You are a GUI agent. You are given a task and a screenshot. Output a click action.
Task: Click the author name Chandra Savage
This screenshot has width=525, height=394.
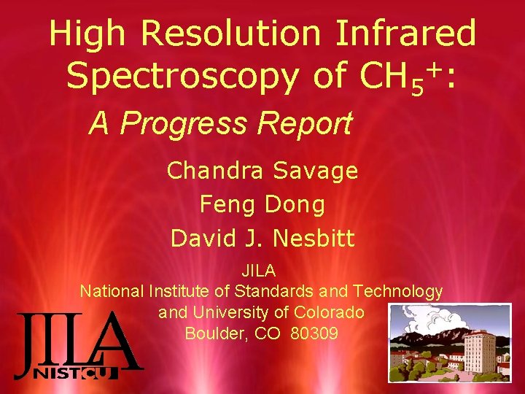click(x=262, y=171)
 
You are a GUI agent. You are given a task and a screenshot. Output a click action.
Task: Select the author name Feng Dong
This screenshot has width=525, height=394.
click(x=262, y=204)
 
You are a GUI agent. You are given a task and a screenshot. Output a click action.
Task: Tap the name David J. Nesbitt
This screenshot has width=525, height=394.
click(x=262, y=238)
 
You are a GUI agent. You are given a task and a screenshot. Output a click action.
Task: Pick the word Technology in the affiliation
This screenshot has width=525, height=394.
click(x=397, y=291)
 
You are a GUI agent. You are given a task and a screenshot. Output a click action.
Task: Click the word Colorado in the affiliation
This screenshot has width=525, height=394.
click(x=328, y=312)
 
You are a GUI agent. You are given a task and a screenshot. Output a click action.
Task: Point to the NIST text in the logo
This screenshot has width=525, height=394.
click(x=57, y=374)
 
